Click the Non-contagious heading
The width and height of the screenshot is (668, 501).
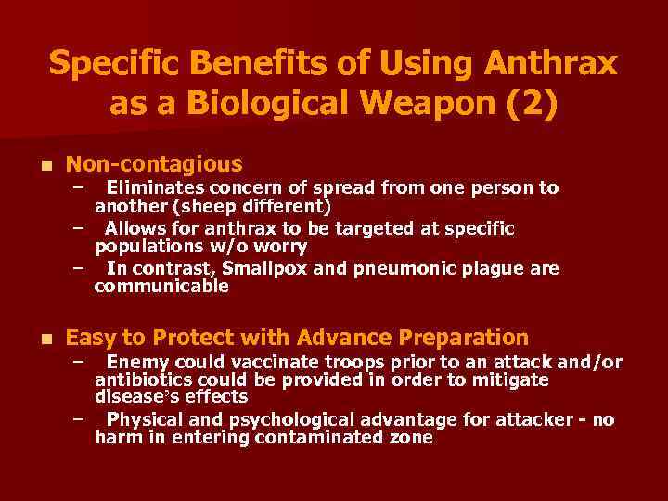coord(154,164)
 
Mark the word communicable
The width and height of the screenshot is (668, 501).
coord(161,287)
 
